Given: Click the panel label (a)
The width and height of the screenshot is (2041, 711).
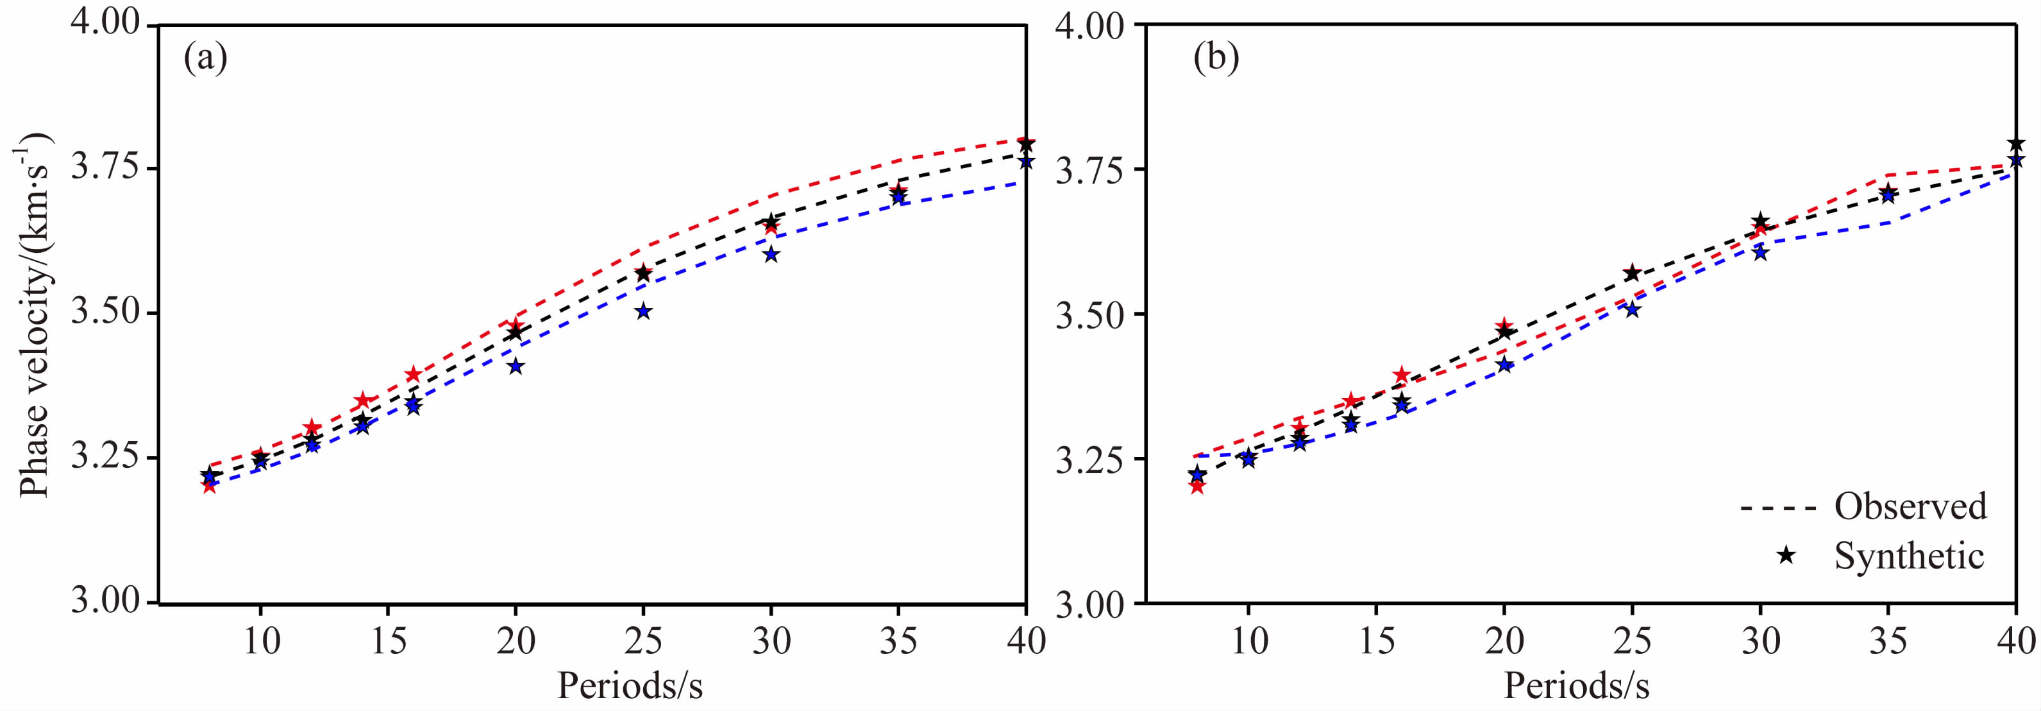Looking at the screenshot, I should pyautogui.click(x=205, y=58).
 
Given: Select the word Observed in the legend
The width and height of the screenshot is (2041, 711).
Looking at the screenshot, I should pyautogui.click(x=1910, y=506).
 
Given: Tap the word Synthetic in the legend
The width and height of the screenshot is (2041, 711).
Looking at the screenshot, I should pyautogui.click(x=1909, y=556).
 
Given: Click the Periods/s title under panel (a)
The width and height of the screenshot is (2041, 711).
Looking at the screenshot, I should pyautogui.click(x=630, y=685).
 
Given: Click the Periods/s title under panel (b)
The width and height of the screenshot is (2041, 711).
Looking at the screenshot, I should pyautogui.click(x=1577, y=685).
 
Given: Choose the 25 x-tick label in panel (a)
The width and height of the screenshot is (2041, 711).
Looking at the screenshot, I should pyautogui.click(x=643, y=640).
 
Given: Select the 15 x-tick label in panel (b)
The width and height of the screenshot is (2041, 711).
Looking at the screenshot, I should pyautogui.click(x=1376, y=640).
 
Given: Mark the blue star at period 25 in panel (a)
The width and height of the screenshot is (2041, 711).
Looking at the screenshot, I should pyautogui.click(x=643, y=311).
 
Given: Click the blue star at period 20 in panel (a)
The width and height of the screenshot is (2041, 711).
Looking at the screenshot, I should pyautogui.click(x=516, y=366).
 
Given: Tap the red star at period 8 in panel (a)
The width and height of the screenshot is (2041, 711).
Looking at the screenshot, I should pyautogui.click(x=208, y=486).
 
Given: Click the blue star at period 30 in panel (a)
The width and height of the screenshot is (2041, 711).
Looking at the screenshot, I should pyautogui.click(x=771, y=255).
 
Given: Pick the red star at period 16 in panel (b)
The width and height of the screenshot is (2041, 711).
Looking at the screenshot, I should pyautogui.click(x=1402, y=375).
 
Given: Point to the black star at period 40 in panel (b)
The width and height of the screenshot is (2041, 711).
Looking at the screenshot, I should pyautogui.click(x=2015, y=144).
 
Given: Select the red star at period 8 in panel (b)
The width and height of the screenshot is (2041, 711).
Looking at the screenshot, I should pyautogui.click(x=1197, y=486).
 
